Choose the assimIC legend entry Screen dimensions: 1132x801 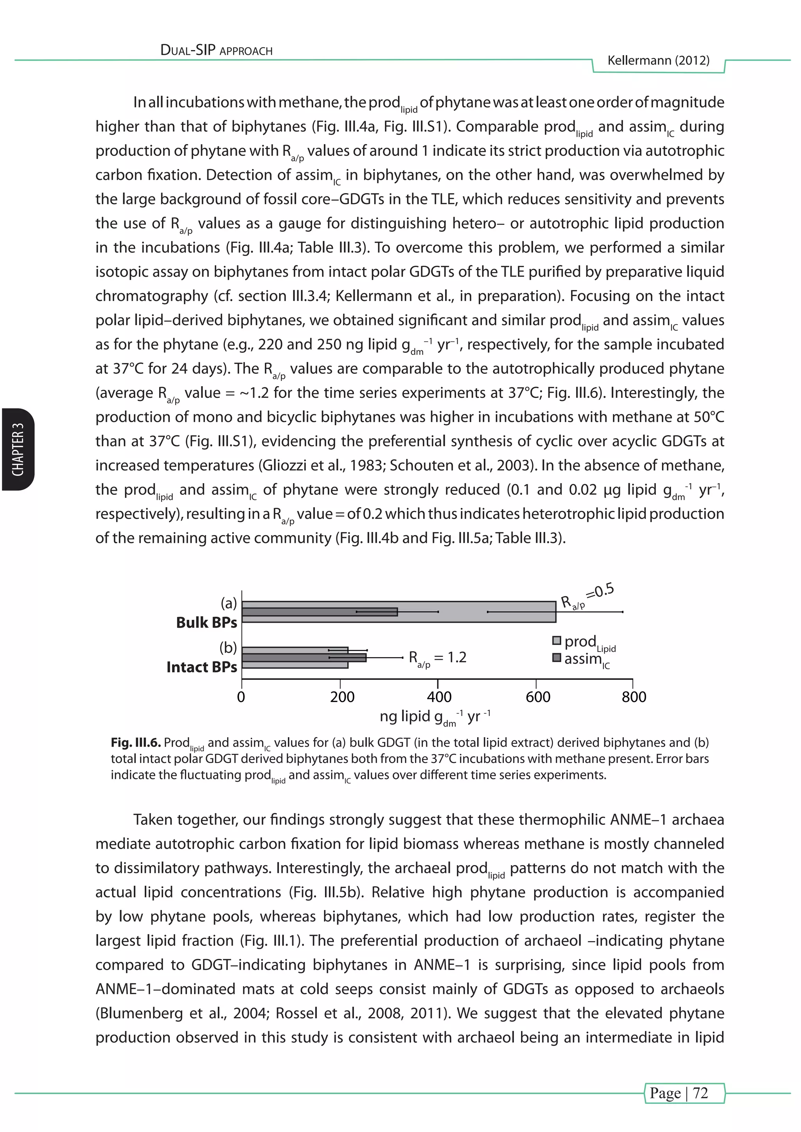[582, 659]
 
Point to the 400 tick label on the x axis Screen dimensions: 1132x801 [439, 697]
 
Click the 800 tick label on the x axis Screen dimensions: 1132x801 [634, 697]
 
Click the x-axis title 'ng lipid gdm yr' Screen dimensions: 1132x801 [435, 716]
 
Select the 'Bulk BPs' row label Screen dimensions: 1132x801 [207, 623]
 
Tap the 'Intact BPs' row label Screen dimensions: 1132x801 [202, 667]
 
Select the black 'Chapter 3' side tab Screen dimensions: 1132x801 [18, 449]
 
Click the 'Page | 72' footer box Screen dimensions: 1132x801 [684, 1093]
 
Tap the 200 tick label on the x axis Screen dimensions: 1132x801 [342, 697]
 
